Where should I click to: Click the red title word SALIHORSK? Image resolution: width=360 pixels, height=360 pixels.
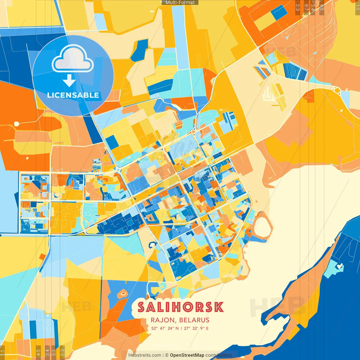181,307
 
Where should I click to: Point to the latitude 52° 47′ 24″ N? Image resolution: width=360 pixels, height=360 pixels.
165,328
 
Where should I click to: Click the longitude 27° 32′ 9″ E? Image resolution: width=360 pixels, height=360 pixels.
196,328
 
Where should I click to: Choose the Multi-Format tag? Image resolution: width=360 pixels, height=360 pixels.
180,3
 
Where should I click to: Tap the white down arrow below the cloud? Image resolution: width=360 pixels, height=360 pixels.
69,80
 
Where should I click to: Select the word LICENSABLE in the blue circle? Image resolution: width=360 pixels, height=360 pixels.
73,95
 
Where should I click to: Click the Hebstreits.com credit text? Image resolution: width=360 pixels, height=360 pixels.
145,355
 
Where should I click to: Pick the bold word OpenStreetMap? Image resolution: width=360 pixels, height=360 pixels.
187,355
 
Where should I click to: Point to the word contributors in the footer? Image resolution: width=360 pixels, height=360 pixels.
219,355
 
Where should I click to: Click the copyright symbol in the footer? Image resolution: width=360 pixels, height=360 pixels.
166,355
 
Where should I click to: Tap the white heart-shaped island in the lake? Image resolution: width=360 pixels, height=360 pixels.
340,265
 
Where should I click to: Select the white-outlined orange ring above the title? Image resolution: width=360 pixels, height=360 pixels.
123,294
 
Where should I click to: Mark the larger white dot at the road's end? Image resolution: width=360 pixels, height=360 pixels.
17,124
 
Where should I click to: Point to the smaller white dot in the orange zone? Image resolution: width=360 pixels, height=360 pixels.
27,158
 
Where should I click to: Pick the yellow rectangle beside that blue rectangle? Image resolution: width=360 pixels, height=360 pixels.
264,21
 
